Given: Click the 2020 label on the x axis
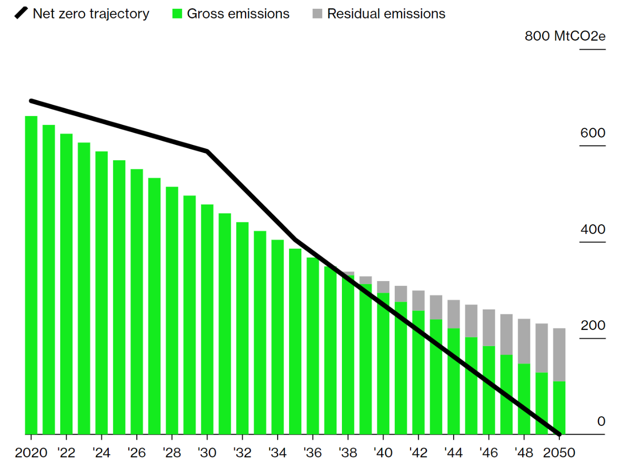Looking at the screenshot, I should pos(31,453).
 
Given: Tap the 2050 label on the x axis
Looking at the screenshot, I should pos(559,453).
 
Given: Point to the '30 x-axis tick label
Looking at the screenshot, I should pos(207,453).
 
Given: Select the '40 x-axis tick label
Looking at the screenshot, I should pos(383,453).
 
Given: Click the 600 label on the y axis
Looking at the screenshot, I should pos(593,133).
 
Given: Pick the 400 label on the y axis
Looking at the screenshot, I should pos(593,229).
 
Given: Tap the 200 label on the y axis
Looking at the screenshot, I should pos(593,326).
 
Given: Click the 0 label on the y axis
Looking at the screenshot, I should pos(601,422).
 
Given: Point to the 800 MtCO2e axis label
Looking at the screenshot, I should pos(565,36).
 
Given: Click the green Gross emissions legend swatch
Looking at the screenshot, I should pos(177,14).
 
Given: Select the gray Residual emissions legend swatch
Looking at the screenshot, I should pos(317,14).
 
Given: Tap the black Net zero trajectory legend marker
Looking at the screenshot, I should pos(21,13).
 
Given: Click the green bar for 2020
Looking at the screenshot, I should pos(31,274).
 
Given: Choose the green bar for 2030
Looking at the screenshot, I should pos(207,318).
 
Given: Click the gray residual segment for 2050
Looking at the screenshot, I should pos(559,354).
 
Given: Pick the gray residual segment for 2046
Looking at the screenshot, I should pos(489,328).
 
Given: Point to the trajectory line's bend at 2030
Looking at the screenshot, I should pos(207,151).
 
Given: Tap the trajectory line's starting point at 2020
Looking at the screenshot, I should pos(31,101).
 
